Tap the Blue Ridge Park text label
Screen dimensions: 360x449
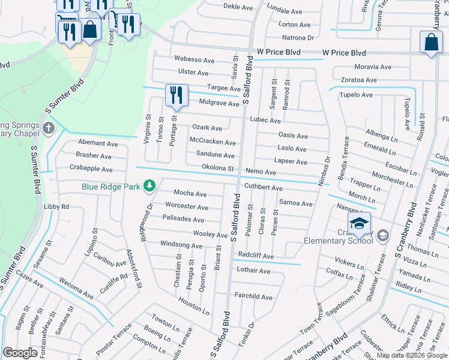(x=112, y=187)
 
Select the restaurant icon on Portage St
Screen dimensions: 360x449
(x=176, y=95)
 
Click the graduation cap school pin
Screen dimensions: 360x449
(x=358, y=224)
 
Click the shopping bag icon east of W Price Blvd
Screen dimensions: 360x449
(x=432, y=42)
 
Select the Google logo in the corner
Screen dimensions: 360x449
(x=20, y=353)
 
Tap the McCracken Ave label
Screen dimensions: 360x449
(x=212, y=142)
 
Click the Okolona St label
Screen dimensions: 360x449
(x=217, y=167)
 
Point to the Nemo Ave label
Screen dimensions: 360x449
(x=261, y=172)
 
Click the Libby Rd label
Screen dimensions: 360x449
(x=56, y=206)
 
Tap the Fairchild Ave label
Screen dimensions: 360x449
(x=253, y=296)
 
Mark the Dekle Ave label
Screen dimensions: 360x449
(x=238, y=7)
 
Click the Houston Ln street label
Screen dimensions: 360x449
(x=194, y=307)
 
